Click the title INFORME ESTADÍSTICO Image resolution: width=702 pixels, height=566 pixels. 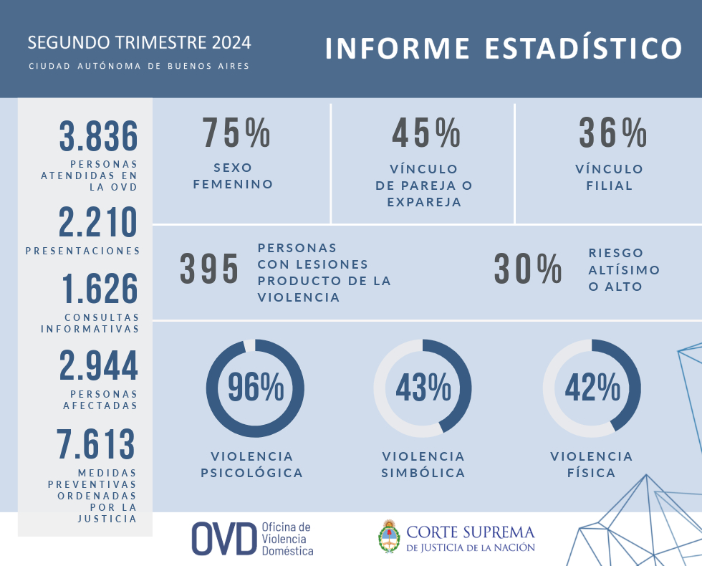pyautogui.click(x=504, y=48)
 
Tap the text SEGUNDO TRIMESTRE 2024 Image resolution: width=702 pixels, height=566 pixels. pyautogui.click(x=139, y=42)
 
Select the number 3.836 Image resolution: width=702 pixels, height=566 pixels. pyautogui.click(x=98, y=137)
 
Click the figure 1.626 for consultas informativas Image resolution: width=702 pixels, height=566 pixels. pyautogui.click(x=100, y=289)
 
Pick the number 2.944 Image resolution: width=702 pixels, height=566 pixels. pyautogui.click(x=99, y=366)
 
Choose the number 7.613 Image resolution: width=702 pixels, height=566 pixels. pyautogui.click(x=97, y=445)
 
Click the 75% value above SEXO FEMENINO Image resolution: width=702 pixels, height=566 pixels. pyautogui.click(x=236, y=133)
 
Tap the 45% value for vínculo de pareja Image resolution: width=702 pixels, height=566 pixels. pyautogui.click(x=426, y=133)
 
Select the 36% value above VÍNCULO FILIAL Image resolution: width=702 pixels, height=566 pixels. pyautogui.click(x=613, y=133)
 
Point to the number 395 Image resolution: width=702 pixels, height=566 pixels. pyautogui.click(x=209, y=269)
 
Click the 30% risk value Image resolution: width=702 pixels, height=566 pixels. pyautogui.click(x=528, y=269)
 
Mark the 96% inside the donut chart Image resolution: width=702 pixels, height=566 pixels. pyautogui.click(x=256, y=388)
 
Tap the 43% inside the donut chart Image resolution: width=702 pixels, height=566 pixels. pyautogui.click(x=423, y=388)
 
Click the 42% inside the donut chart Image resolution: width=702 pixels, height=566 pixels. pyautogui.click(x=592, y=388)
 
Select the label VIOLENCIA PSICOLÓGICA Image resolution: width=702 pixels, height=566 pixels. pyautogui.click(x=251, y=464)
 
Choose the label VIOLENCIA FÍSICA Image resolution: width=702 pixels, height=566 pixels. pyautogui.click(x=592, y=464)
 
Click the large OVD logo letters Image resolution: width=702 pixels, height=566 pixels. pyautogui.click(x=223, y=539)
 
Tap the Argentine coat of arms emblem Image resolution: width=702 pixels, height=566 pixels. pyautogui.click(x=389, y=537)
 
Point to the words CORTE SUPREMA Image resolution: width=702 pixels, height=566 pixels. pyautogui.click(x=471, y=532)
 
